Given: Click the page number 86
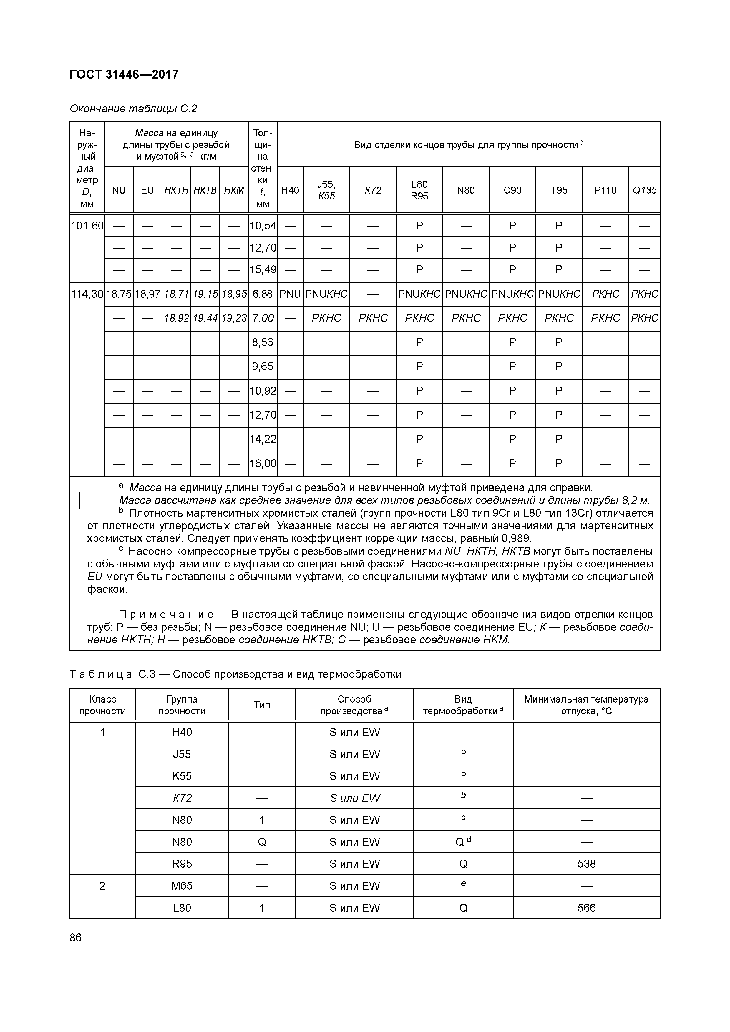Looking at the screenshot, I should [x=76, y=937].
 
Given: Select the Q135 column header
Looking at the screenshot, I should [x=644, y=190].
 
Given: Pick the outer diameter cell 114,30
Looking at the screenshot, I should [x=87, y=294].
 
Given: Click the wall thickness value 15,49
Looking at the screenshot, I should [x=263, y=270].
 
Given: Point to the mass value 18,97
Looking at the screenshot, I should [x=147, y=294].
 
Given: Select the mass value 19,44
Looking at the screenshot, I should [x=205, y=318].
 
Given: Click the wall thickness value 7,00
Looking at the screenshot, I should [x=263, y=318].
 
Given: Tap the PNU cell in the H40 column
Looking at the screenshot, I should [x=290, y=294].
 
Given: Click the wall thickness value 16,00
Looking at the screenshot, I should [x=263, y=463].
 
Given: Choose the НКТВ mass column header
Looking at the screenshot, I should [x=205, y=190].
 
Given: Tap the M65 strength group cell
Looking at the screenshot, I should [x=182, y=885].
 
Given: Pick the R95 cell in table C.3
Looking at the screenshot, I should [x=182, y=863].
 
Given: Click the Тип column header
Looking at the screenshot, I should [x=262, y=705].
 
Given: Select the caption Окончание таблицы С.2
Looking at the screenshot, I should [x=133, y=109].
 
